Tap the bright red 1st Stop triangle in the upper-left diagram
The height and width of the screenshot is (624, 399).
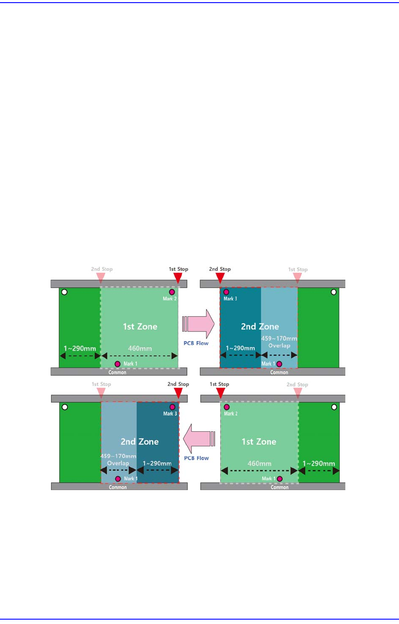coord(178,278)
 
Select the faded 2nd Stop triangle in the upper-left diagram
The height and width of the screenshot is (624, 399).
coord(101,278)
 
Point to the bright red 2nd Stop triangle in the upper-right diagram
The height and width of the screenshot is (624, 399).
coord(220,278)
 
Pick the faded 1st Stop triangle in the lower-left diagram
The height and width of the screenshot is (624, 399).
coord(101,393)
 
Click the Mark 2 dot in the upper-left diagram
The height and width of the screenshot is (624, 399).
coord(172,292)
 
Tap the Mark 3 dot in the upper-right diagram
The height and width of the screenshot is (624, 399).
coord(226,292)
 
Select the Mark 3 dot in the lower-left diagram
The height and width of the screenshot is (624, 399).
coord(172,407)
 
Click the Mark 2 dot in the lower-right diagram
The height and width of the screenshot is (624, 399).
coord(227,407)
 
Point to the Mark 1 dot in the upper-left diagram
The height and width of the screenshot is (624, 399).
coord(117,364)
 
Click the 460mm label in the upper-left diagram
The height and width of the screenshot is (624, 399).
coord(140,349)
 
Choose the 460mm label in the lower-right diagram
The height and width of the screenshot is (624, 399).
coord(259,463)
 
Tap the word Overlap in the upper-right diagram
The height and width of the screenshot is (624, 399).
coord(279,346)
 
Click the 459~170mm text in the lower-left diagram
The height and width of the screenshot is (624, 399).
coord(118,456)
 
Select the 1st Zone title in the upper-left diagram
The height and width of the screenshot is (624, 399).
coord(140,326)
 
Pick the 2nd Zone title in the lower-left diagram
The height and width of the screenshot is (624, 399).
coord(139,441)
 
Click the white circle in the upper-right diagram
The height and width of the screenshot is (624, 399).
coord(333,292)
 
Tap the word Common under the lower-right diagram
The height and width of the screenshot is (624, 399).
coord(279,487)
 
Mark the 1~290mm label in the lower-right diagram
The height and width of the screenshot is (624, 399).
coord(318,463)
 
